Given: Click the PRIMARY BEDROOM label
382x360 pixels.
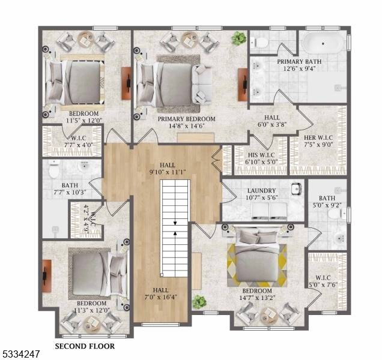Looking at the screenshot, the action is click(x=186, y=119).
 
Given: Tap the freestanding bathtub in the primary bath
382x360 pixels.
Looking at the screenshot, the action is click(x=323, y=44).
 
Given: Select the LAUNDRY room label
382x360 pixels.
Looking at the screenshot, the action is click(x=261, y=191).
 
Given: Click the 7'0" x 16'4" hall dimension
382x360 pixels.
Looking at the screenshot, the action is click(x=161, y=297).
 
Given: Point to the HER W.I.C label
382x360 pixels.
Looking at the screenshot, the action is click(x=318, y=137).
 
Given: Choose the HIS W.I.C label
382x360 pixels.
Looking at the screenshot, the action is click(x=261, y=155).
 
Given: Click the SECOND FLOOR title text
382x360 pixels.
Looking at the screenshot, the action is click(x=85, y=346).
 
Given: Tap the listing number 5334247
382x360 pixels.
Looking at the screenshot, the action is click(x=20, y=354).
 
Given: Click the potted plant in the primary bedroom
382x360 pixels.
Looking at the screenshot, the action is click(x=238, y=38).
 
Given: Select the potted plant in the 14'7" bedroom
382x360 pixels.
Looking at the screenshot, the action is click(x=199, y=302).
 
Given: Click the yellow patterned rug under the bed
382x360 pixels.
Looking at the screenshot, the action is click(x=257, y=265).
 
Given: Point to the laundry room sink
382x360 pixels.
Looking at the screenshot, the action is click(x=297, y=188).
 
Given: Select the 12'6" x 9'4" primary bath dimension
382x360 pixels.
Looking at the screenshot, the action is click(x=299, y=68).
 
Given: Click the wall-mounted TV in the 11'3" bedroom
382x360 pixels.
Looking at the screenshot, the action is click(x=46, y=276).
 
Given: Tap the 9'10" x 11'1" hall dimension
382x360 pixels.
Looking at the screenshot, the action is click(x=168, y=172).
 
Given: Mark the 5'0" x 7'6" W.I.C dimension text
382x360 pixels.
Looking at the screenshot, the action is click(x=323, y=285).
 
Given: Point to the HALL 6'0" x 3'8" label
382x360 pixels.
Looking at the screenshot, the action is click(x=272, y=121).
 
